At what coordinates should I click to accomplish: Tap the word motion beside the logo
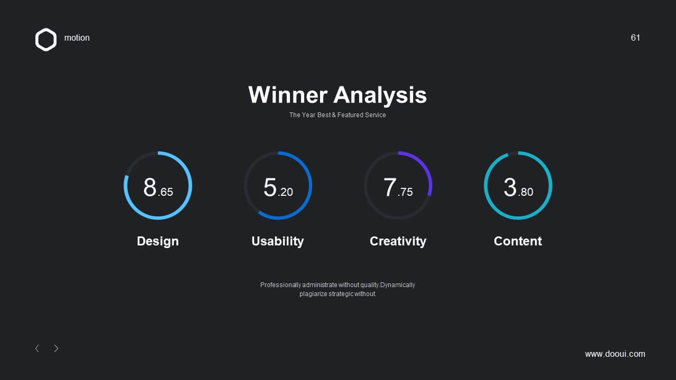point(77,37)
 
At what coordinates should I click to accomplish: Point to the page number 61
point(635,37)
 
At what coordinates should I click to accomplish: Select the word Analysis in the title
point(380,96)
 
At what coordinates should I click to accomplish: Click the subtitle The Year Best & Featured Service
point(337,115)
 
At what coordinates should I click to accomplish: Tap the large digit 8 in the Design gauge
point(149,187)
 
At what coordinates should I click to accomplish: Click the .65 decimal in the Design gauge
point(165,192)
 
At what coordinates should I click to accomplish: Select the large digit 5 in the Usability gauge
point(270,187)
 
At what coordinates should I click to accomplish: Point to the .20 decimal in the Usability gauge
point(285,192)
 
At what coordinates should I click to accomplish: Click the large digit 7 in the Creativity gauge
point(390,187)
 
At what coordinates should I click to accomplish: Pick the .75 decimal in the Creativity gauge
point(405,192)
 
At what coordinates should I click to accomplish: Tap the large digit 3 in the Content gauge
point(510,187)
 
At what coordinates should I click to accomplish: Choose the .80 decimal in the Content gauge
point(525,192)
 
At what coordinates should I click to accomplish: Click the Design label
point(158,242)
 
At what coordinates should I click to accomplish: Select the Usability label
point(278,242)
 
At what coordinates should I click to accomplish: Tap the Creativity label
point(398,242)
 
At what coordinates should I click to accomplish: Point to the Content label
point(518,241)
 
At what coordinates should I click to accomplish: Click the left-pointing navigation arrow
point(37,348)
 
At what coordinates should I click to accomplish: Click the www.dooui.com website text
point(615,354)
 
